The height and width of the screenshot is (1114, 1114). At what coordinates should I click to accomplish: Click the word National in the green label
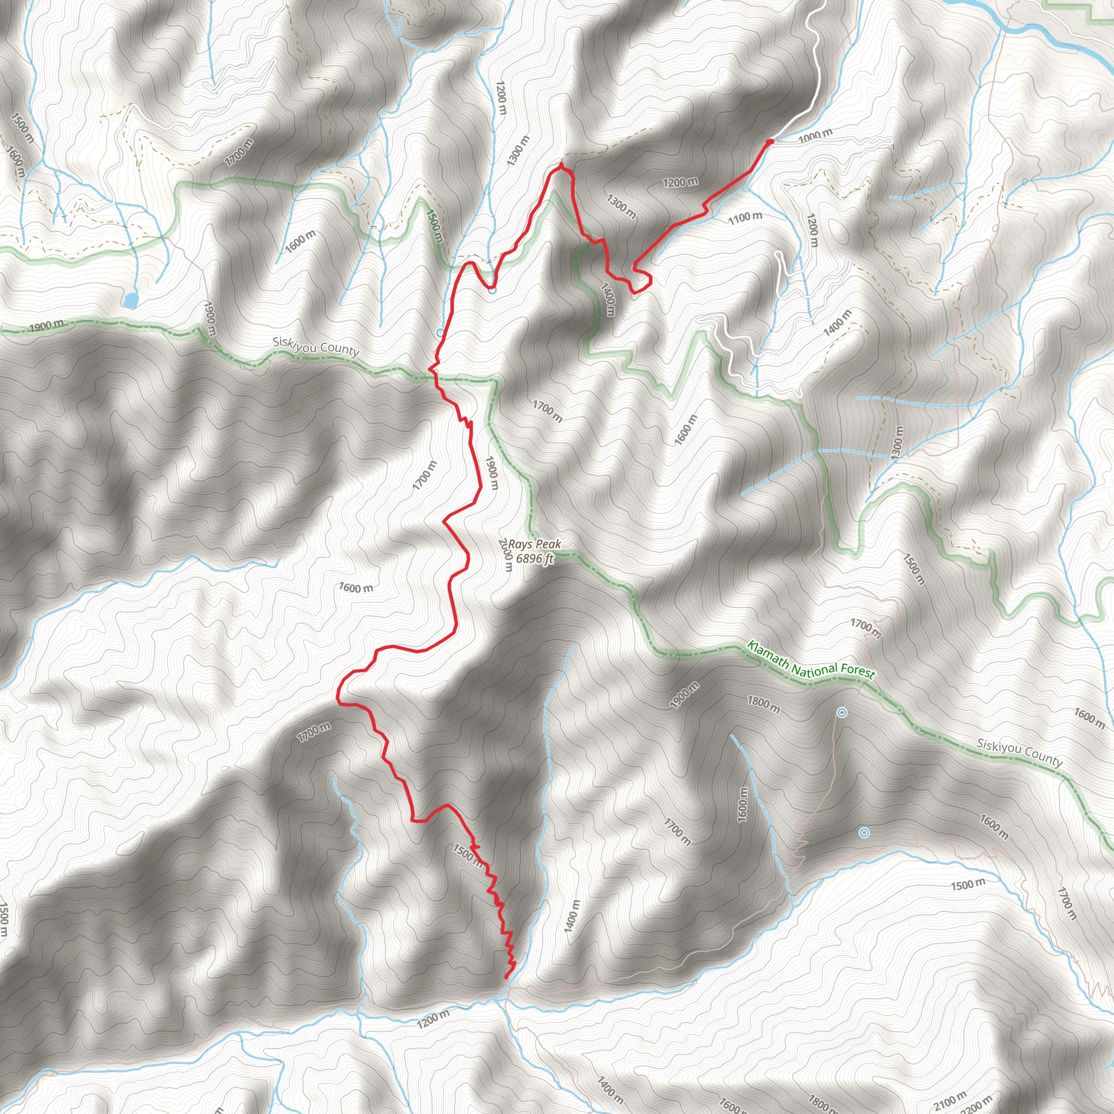click(x=814, y=669)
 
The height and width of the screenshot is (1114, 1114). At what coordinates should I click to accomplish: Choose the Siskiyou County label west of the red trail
click(x=315, y=347)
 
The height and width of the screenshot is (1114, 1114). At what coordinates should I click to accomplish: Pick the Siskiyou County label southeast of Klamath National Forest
click(x=1019, y=752)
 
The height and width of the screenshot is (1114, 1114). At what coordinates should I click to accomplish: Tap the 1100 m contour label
click(x=745, y=218)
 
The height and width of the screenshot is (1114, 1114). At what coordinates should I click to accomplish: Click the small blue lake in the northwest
click(x=131, y=300)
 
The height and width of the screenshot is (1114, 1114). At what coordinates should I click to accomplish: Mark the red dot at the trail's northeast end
click(x=770, y=142)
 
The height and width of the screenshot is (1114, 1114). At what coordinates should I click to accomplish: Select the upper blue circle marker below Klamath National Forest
click(x=841, y=713)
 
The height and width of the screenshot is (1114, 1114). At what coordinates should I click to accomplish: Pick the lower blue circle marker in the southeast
click(x=864, y=833)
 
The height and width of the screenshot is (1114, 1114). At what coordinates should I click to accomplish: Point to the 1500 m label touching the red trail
click(x=467, y=855)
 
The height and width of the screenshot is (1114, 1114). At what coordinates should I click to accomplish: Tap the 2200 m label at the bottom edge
click(x=979, y=1105)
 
